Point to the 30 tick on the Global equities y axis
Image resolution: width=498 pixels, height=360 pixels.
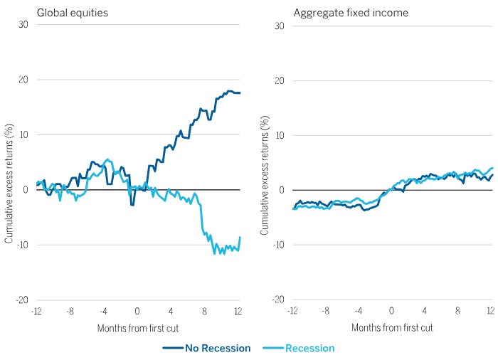point(23,26)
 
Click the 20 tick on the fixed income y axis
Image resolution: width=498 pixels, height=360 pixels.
point(279,80)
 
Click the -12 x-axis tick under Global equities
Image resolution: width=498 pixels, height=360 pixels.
point(36,311)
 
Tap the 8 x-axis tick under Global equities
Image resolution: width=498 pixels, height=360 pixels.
point(205,311)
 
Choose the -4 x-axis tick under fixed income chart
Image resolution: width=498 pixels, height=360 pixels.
point(357,311)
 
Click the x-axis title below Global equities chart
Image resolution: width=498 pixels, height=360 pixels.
point(137,328)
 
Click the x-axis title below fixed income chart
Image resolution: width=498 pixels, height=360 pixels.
point(392,328)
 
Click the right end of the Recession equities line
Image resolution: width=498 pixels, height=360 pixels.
point(240,237)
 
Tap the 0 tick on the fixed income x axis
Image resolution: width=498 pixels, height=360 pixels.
point(391,311)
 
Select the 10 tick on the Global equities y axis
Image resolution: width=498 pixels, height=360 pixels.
point(23,135)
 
